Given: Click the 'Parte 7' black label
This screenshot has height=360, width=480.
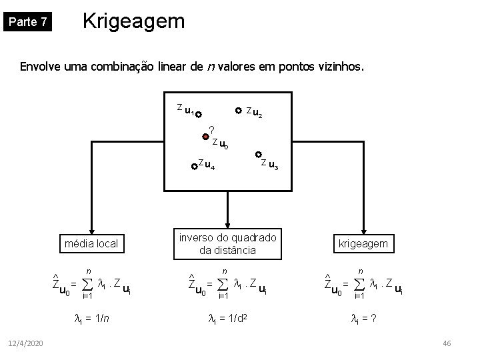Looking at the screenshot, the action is click(x=27, y=22).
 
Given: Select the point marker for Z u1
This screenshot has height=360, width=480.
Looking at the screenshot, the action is click(x=199, y=114).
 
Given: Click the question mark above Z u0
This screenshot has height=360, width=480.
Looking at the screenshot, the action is click(x=211, y=129).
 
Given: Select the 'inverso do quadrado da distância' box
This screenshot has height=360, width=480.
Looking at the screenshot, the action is click(x=228, y=244).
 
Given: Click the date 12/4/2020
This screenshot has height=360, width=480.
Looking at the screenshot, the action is click(x=26, y=343).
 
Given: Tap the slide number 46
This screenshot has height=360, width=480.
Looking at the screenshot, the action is click(x=447, y=343).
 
